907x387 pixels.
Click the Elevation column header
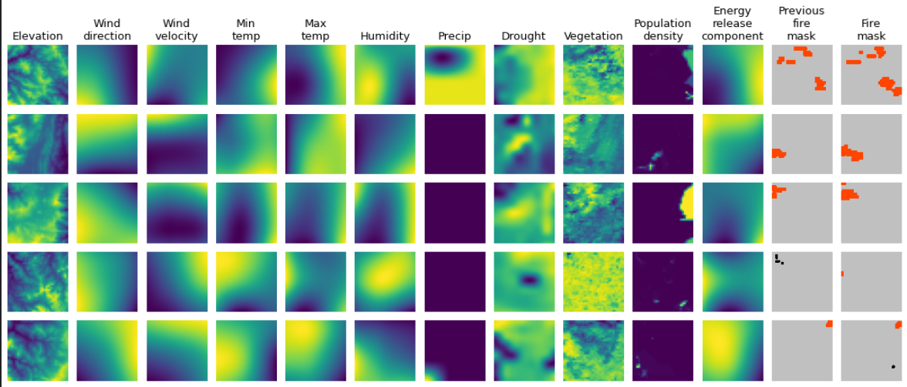tap(38, 35)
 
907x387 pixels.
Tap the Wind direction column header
tap(107, 29)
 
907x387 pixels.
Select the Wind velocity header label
tap(177, 29)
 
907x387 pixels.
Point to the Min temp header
tap(246, 29)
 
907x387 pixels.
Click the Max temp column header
tap(315, 29)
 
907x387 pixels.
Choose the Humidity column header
tap(385, 35)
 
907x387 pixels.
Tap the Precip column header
tap(454, 35)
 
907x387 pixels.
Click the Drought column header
tap(523, 35)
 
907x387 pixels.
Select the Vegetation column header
tap(593, 35)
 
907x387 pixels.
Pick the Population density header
tap(663, 29)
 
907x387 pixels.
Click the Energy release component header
tap(732, 23)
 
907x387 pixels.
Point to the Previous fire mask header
tap(801, 23)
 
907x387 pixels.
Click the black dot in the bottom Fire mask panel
tap(893, 366)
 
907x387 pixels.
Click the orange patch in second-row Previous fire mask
tap(778, 153)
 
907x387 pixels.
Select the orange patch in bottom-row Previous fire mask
tap(829, 324)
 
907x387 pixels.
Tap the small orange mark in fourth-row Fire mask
tap(842, 274)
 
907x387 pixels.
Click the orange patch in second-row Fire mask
tap(851, 153)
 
